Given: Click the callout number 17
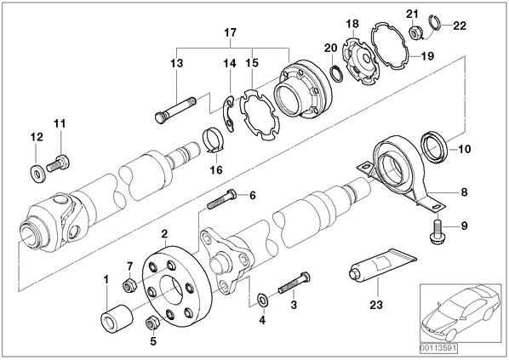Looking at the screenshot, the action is click(230, 33).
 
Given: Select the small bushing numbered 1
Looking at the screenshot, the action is click(117, 319).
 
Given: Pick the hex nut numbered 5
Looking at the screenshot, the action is click(152, 323).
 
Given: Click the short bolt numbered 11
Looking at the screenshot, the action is click(59, 163).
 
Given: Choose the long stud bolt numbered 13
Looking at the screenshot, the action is click(175, 109).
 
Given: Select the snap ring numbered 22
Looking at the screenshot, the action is click(435, 23).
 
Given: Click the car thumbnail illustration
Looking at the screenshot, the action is click(460, 313).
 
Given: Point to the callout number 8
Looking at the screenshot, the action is click(464, 192).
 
